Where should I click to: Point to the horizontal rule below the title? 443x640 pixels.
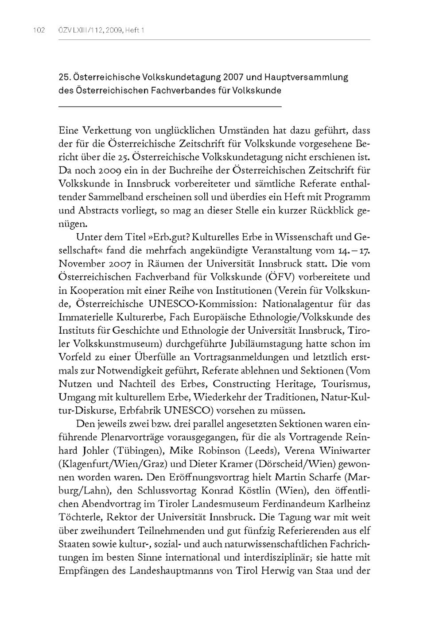[x=170, y=107]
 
